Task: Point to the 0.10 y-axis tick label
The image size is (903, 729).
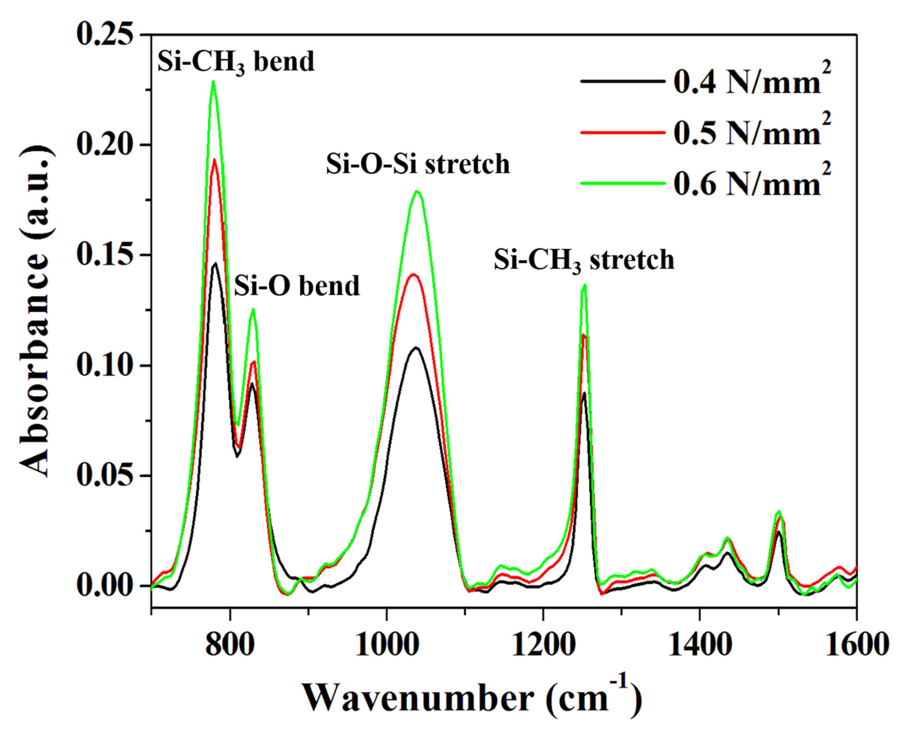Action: pos(107,365)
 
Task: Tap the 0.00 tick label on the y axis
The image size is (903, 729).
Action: pos(107,586)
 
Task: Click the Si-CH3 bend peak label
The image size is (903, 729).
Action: pos(236,62)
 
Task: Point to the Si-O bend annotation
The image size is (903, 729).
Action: pos(297,286)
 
